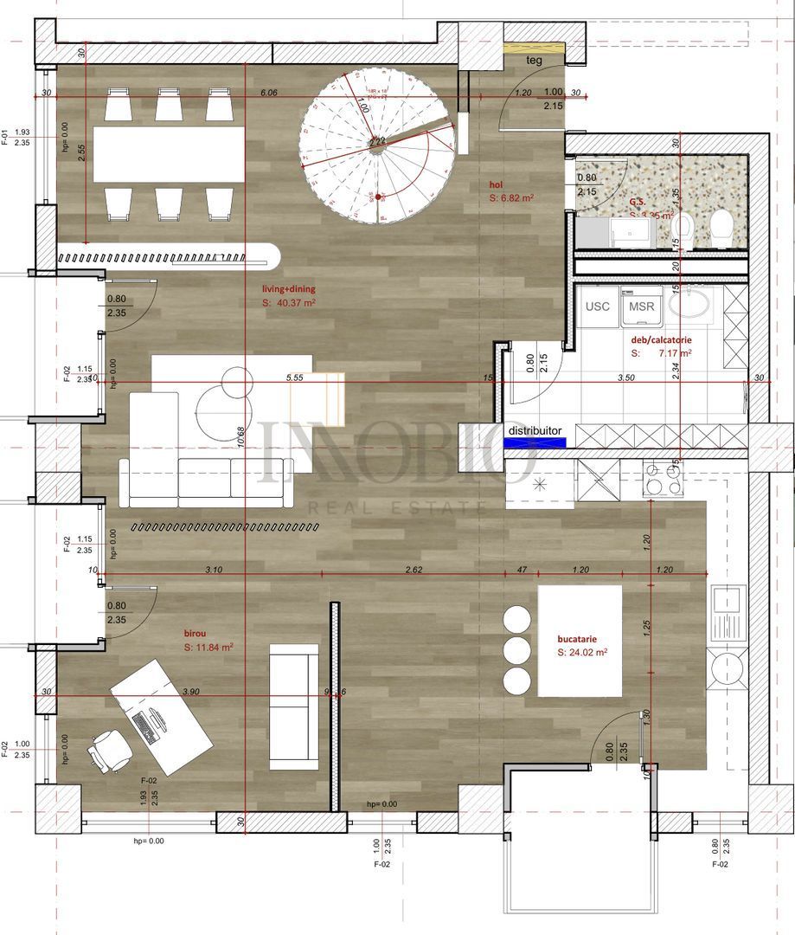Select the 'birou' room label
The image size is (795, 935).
pyautogui.click(x=196, y=633)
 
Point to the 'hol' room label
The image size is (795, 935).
pyautogui.click(x=497, y=184)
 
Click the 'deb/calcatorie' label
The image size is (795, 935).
pyautogui.click(x=661, y=341)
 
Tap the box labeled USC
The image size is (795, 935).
pyautogui.click(x=598, y=306)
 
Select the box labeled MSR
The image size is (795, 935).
pyautogui.click(x=642, y=306)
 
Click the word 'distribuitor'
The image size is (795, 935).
pyautogui.click(x=535, y=429)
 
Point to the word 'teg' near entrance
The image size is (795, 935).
pyautogui.click(x=535, y=61)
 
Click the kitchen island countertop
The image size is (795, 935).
pyautogui.click(x=580, y=641)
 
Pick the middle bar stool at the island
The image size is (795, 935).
pyautogui.click(x=517, y=649)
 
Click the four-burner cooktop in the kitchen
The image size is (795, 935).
pyautogui.click(x=664, y=478)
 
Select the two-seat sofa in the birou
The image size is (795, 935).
pyautogui.click(x=294, y=706)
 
